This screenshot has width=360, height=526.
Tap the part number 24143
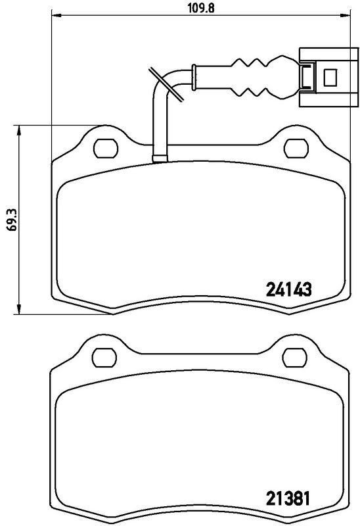[x=288, y=288]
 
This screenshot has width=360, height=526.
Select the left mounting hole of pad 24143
[x=104, y=148]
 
